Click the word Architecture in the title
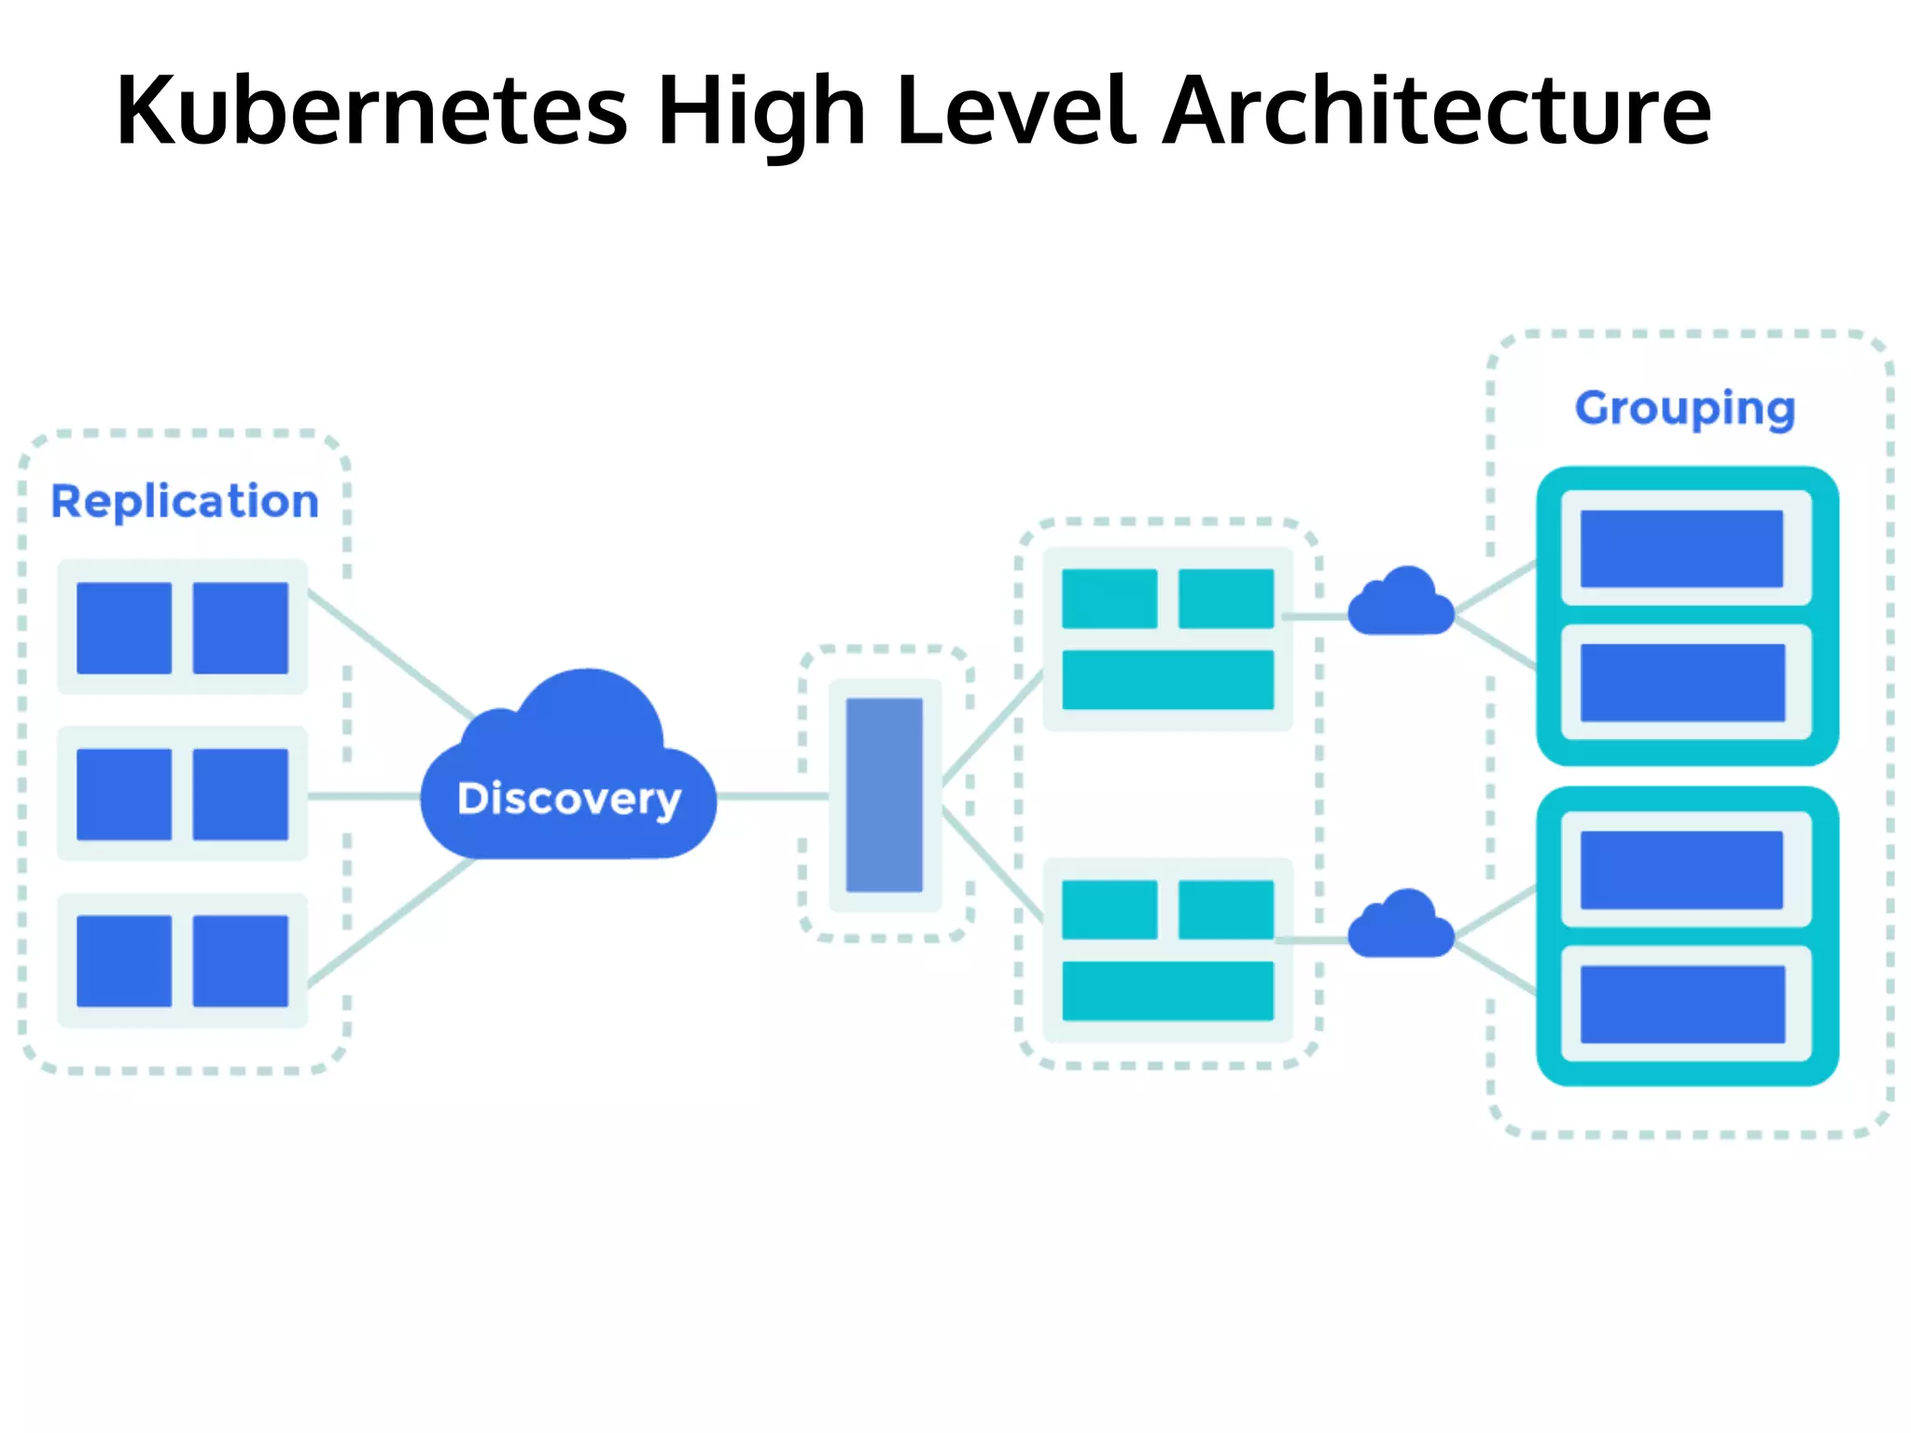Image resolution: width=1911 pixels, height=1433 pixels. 1437,112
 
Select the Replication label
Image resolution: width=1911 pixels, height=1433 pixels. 185,502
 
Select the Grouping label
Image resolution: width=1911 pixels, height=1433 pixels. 1685,409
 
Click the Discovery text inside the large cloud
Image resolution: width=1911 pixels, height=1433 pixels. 569,799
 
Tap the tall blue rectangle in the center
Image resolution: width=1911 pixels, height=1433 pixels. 885,795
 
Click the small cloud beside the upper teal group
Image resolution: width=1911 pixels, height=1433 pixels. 1402,605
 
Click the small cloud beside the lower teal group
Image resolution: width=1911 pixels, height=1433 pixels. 1402,926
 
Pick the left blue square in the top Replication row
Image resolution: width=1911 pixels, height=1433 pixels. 124,628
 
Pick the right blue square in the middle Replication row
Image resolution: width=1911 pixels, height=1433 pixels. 241,794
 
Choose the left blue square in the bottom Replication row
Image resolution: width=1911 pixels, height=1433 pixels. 124,961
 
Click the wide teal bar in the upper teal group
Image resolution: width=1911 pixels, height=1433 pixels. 1168,680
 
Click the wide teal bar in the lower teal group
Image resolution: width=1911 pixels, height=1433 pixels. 1168,991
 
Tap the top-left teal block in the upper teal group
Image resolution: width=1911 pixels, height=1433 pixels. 1109,599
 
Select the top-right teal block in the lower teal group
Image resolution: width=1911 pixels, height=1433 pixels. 1226,910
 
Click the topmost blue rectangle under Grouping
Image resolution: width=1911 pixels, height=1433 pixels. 1681,549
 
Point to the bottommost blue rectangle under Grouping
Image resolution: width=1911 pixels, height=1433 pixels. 1681,1004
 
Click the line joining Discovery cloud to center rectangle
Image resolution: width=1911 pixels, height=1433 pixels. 773,796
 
